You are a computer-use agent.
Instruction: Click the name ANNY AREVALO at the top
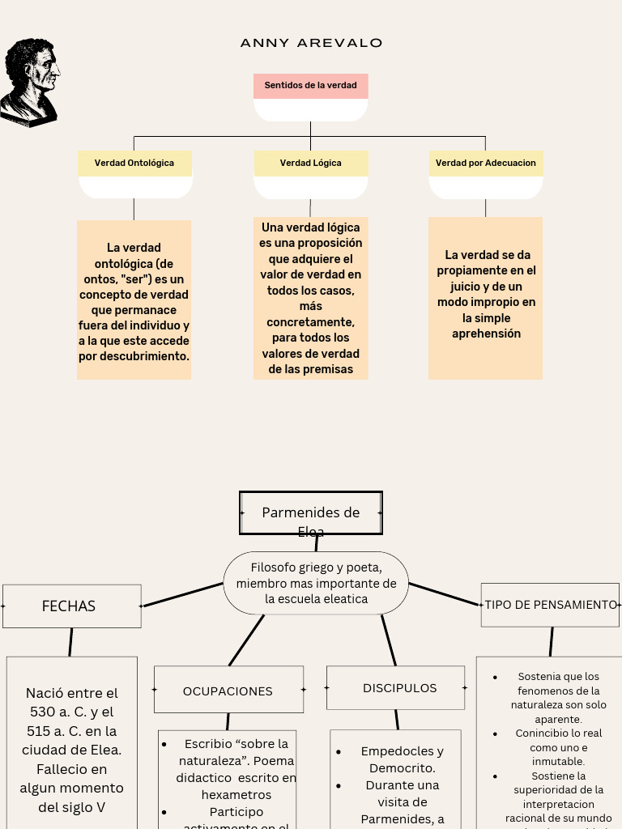point(311,43)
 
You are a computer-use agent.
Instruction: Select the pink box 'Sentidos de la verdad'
point(310,86)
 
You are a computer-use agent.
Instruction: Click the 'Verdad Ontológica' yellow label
point(134,163)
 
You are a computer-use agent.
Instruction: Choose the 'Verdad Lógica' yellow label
point(310,163)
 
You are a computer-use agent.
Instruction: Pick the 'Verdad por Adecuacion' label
point(485,163)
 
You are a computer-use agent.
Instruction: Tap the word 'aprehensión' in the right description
point(486,334)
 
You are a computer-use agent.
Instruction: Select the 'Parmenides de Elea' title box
point(311,513)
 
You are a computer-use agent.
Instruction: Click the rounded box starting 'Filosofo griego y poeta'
point(316,583)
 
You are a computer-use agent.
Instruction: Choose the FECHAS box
point(71,606)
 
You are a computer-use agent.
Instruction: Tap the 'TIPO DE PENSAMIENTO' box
point(550,605)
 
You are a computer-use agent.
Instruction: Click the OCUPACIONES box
point(228,691)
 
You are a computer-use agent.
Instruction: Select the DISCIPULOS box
point(396,688)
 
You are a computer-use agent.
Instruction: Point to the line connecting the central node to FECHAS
point(182,595)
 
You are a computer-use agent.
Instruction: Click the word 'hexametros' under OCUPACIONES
point(236,795)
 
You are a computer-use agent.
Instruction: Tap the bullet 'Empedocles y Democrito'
point(402,759)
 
